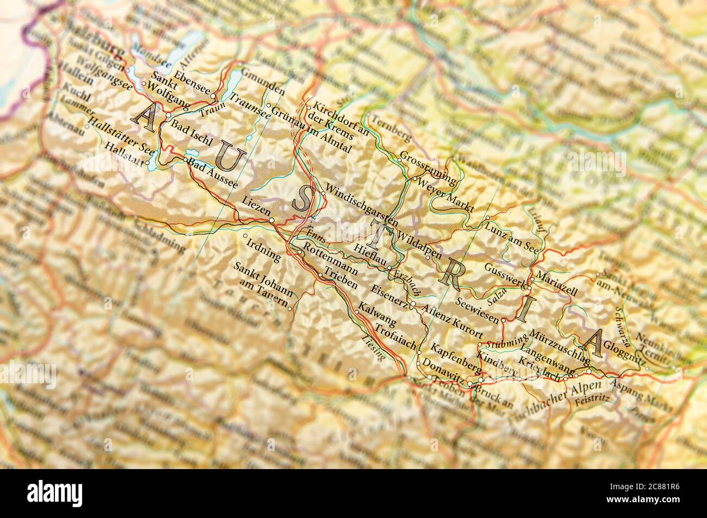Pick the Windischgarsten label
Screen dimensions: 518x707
(x=359, y=205)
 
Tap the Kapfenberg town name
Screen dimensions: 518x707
(x=455, y=357)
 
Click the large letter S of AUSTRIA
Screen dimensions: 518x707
(x=301, y=201)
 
